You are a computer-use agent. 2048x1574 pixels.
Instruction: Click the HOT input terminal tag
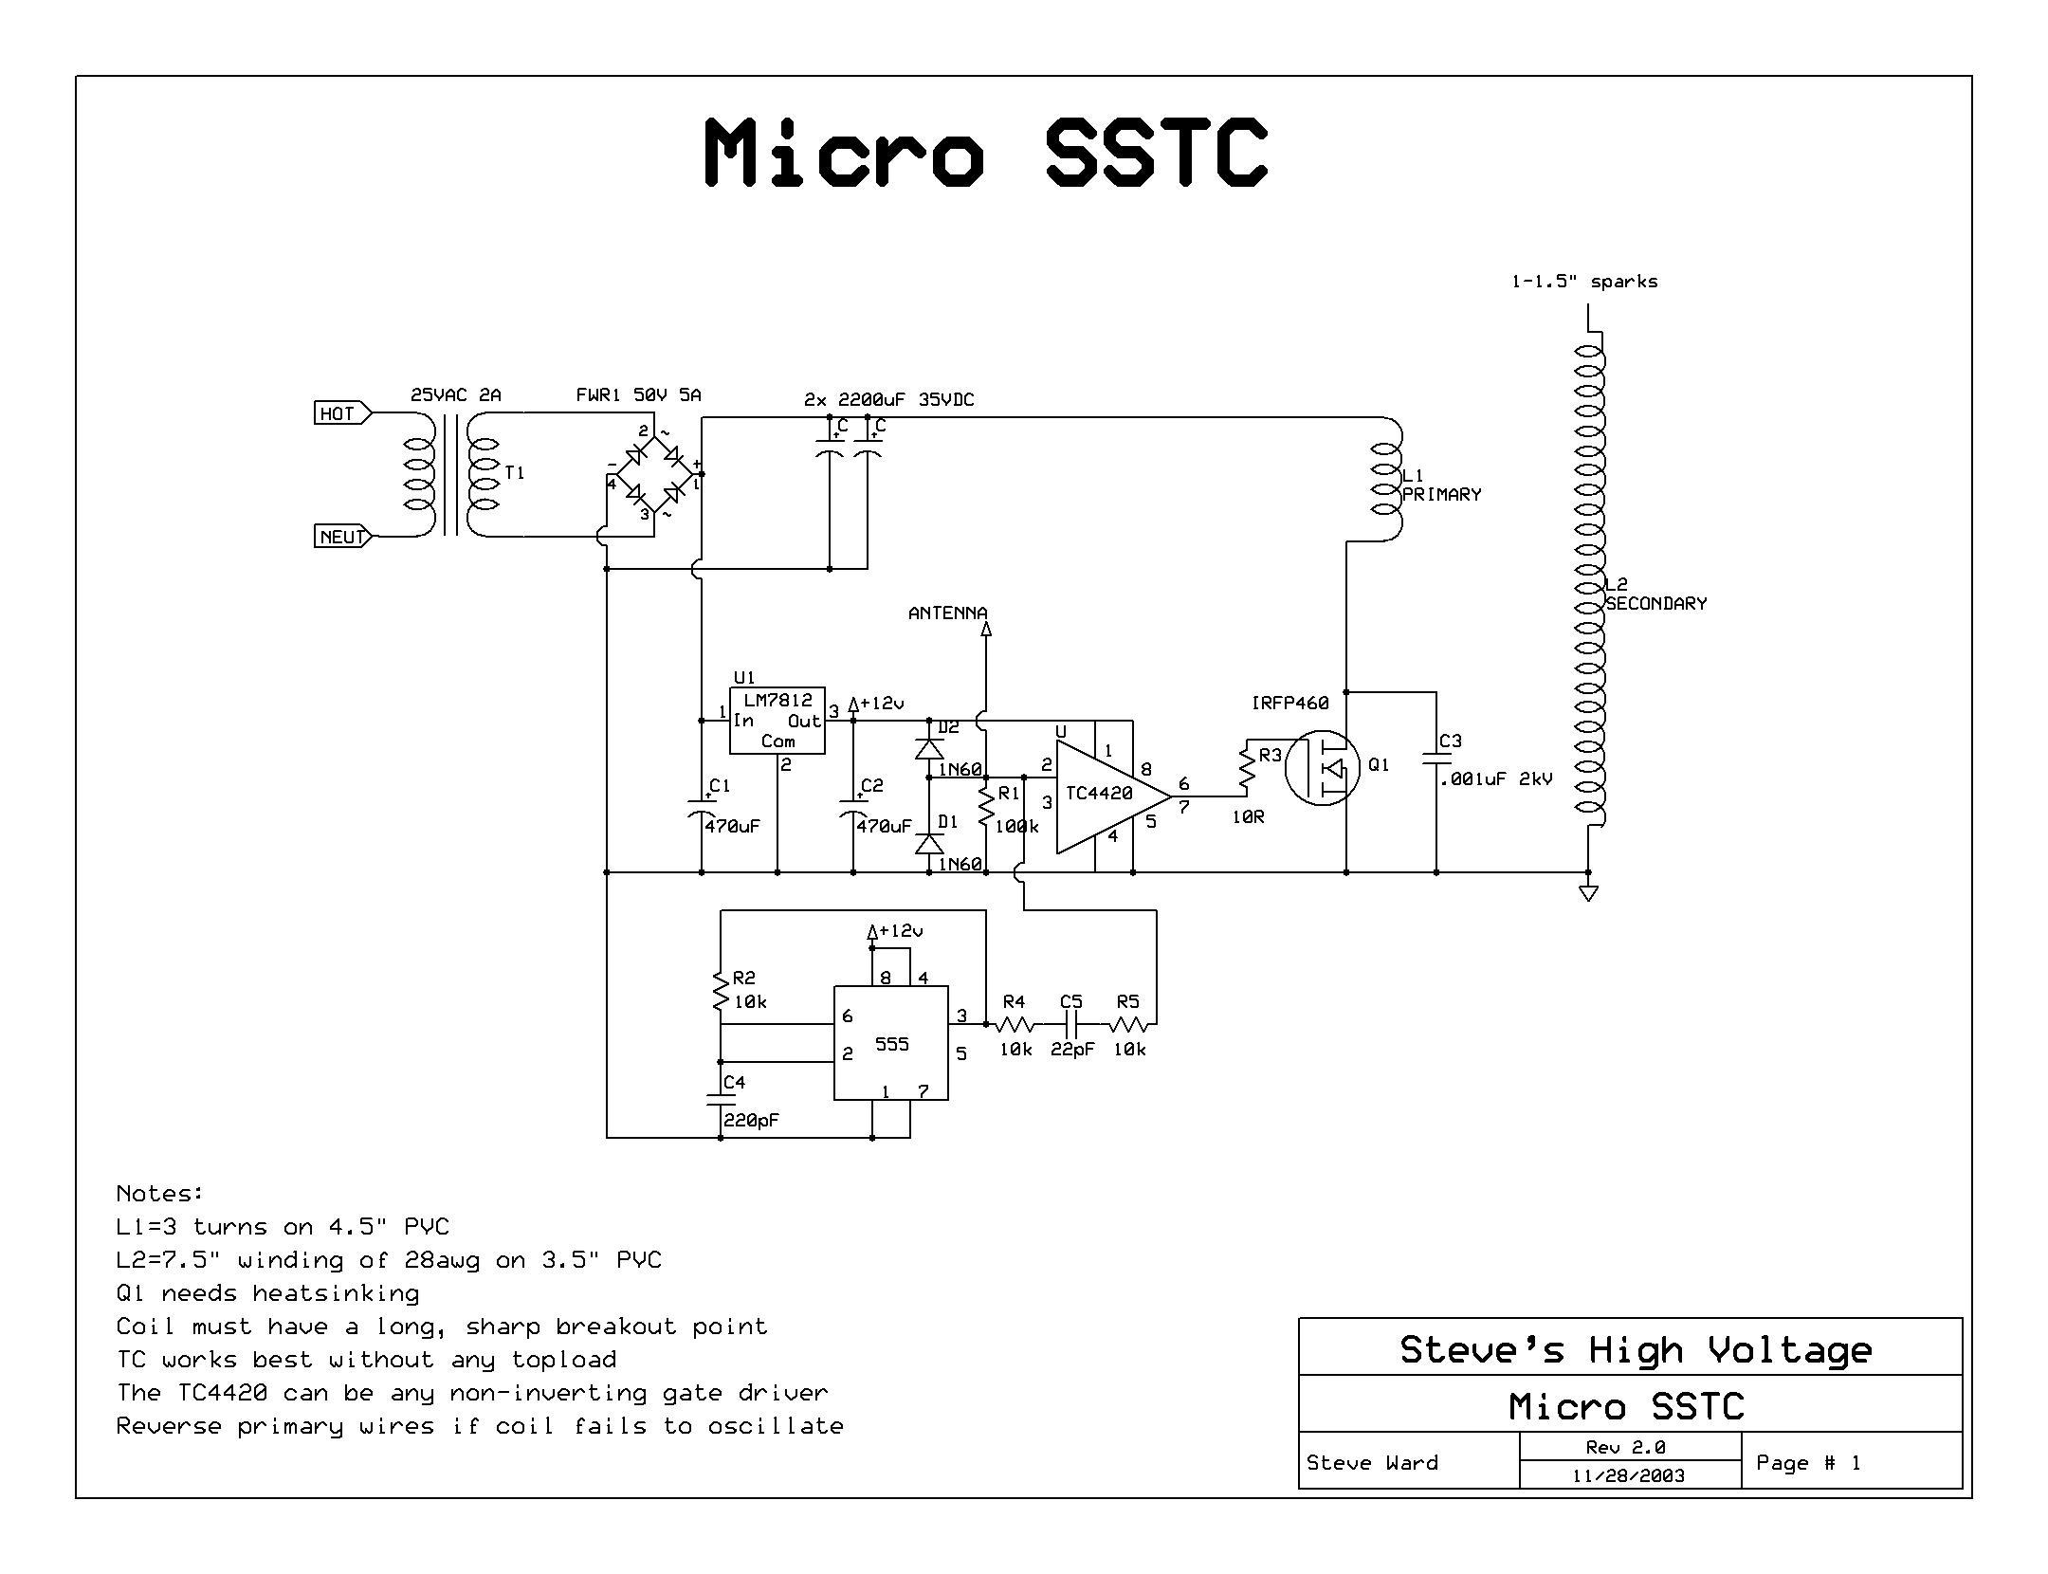339,413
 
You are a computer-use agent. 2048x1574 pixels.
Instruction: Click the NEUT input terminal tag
341,537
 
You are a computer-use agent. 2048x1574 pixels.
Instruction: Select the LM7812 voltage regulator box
777,721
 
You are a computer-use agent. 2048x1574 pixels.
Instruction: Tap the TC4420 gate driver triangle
1105,795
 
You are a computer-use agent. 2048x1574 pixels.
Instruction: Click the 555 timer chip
890,1043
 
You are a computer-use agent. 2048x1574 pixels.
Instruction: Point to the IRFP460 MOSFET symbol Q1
1324,766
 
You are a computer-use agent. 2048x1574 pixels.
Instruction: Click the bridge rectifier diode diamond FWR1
655,474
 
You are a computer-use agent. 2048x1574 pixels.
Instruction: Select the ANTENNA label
947,613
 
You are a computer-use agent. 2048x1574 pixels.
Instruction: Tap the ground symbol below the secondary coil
1589,892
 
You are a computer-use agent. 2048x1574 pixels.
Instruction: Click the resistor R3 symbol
1247,768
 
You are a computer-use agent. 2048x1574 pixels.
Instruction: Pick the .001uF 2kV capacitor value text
1496,779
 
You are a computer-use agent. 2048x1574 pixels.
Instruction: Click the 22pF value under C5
1071,1050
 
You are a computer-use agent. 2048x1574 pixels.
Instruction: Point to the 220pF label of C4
751,1120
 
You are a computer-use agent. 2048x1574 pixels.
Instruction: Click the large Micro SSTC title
986,152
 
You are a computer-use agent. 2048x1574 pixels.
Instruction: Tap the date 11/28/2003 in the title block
1628,1475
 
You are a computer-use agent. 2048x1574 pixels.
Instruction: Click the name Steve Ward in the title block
1371,1463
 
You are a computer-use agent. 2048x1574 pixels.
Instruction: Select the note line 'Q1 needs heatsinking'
267,1293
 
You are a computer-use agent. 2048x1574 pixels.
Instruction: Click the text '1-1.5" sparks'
1583,282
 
